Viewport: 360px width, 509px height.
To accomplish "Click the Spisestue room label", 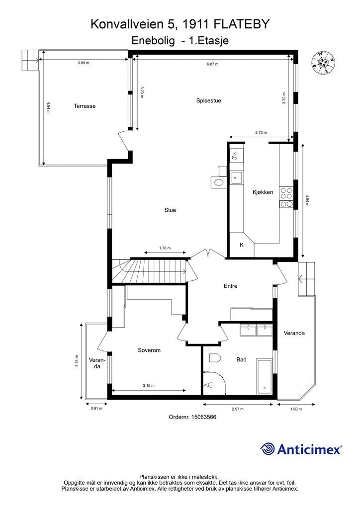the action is pyautogui.click(x=208, y=100).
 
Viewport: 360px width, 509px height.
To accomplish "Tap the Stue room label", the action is pyautogui.click(x=170, y=210).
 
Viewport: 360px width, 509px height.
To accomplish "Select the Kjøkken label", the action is pyautogui.click(x=263, y=192).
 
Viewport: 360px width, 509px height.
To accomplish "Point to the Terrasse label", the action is pyautogui.click(x=85, y=106).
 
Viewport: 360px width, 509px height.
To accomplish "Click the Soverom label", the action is pyautogui.click(x=149, y=350).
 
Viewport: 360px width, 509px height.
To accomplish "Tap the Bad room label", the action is pyautogui.click(x=241, y=359).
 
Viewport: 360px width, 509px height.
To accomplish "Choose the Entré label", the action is pyautogui.click(x=231, y=286).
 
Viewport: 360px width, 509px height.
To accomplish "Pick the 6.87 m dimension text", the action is pyautogui.click(x=213, y=64).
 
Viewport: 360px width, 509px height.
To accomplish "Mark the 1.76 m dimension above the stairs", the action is pyautogui.click(x=165, y=249).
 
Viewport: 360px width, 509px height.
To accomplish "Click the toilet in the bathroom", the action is pyautogui.click(x=215, y=358).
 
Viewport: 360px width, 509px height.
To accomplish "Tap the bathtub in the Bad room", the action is pyautogui.click(x=265, y=377).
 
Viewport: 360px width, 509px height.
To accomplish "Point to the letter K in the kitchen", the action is pyautogui.click(x=242, y=245).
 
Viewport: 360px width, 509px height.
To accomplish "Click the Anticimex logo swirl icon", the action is pyautogui.click(x=267, y=449).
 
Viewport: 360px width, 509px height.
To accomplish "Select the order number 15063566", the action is pyautogui.click(x=203, y=417).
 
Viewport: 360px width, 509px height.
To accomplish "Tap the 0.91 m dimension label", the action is pyautogui.click(x=96, y=409).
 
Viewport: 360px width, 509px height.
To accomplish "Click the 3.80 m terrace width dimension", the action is pyautogui.click(x=83, y=63).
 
